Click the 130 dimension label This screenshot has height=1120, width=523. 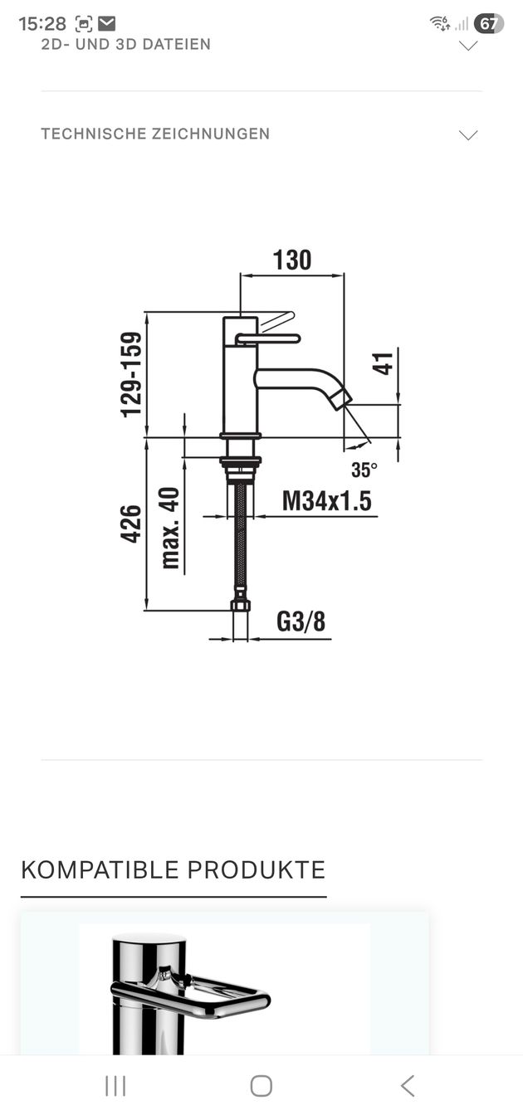click(x=292, y=260)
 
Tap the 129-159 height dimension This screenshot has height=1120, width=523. click(x=131, y=374)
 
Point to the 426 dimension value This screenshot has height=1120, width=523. click(x=130, y=523)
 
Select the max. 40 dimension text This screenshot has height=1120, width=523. click(x=169, y=528)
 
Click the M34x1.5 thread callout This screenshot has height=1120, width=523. click(x=327, y=500)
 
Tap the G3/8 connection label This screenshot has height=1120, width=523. click(x=301, y=621)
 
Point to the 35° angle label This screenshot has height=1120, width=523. click(x=364, y=470)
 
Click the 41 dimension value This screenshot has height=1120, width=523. click(x=383, y=363)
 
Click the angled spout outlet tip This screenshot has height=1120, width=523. click(x=343, y=399)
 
